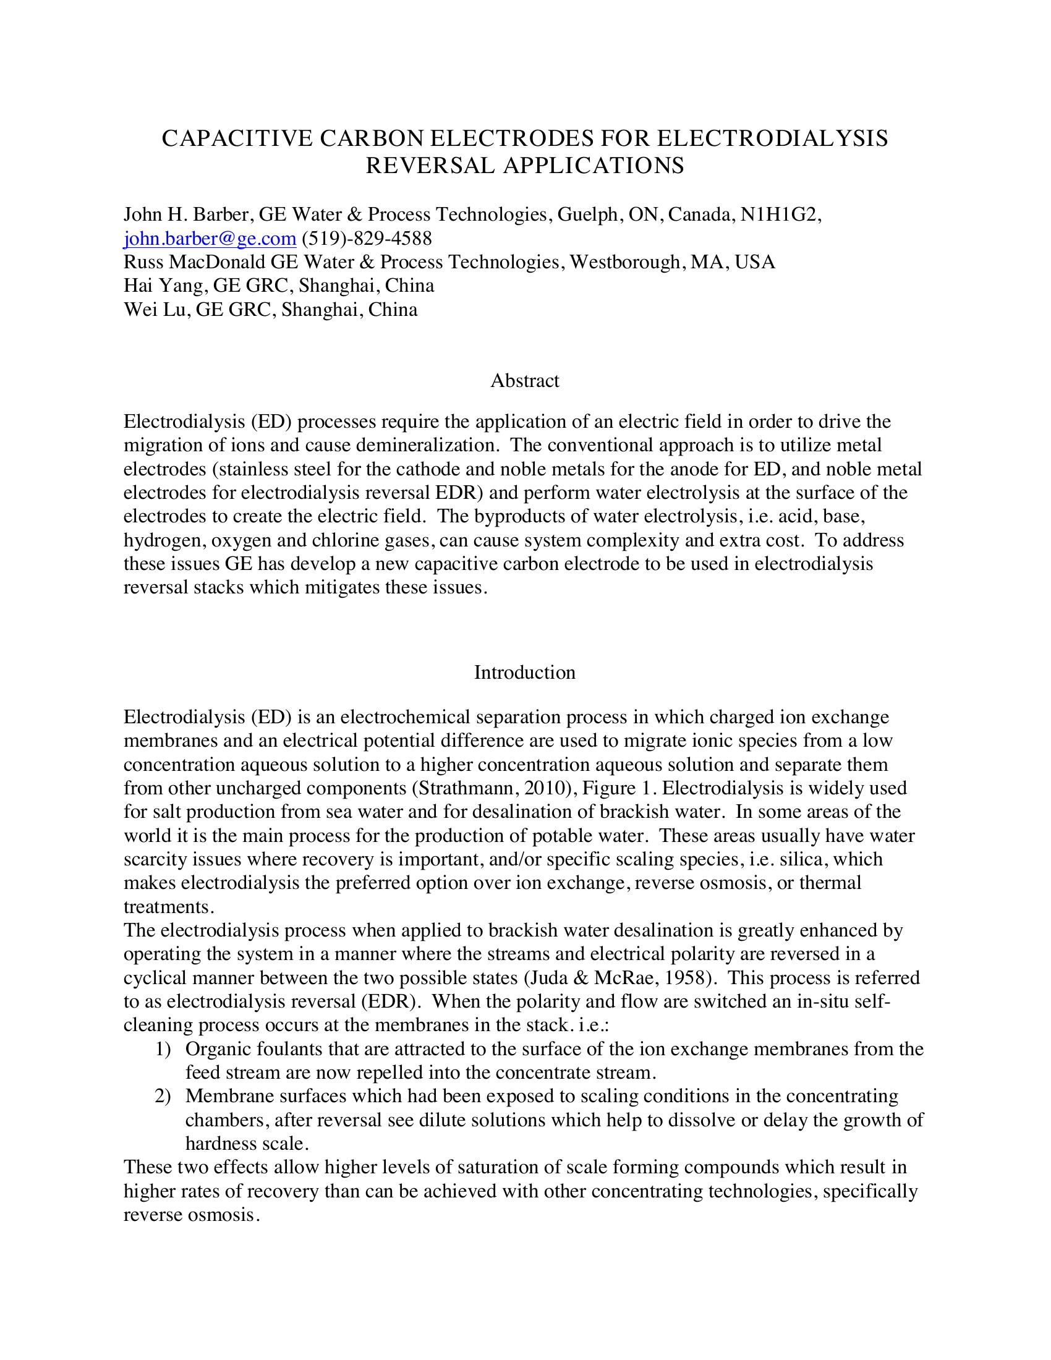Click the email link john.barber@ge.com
pos(209,239)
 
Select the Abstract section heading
pos(525,380)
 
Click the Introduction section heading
pos(525,672)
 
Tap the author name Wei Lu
pos(155,310)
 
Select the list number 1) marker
pos(163,1048)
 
